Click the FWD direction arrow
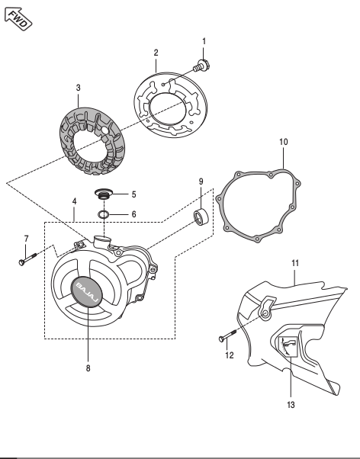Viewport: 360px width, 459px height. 18,19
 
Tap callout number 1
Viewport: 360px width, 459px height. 204,41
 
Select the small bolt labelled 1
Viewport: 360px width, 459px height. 201,66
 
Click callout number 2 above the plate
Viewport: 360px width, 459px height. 156,53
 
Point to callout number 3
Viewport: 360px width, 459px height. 79,88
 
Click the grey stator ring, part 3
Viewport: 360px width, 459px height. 92,141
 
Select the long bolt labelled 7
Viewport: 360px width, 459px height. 27,259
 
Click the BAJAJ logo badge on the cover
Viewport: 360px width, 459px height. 87,291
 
